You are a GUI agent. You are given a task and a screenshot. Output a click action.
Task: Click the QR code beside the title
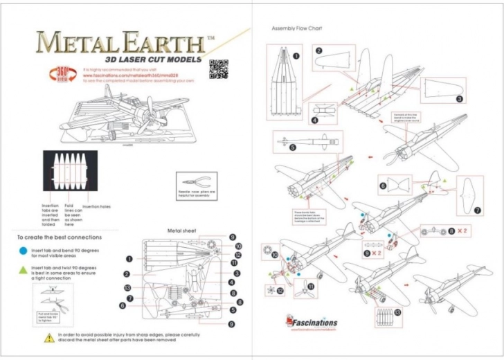coord(218,69)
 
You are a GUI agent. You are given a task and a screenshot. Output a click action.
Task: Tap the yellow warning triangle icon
coord(48,337)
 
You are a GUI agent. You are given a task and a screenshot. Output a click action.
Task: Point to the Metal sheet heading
coord(183,231)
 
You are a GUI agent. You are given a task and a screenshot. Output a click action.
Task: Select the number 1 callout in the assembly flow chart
coord(296,55)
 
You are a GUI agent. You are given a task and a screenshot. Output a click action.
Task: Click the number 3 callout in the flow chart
coord(459,99)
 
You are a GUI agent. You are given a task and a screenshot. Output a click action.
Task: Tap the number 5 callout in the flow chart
coord(292,147)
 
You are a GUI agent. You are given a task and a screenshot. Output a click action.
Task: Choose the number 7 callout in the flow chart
coord(477,210)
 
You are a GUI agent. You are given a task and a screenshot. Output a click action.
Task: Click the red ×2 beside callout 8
coord(465,230)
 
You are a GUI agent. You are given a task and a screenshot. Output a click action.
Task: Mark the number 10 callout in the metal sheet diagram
coord(237,246)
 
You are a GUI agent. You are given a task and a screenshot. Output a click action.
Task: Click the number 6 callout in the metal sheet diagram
coord(122,305)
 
